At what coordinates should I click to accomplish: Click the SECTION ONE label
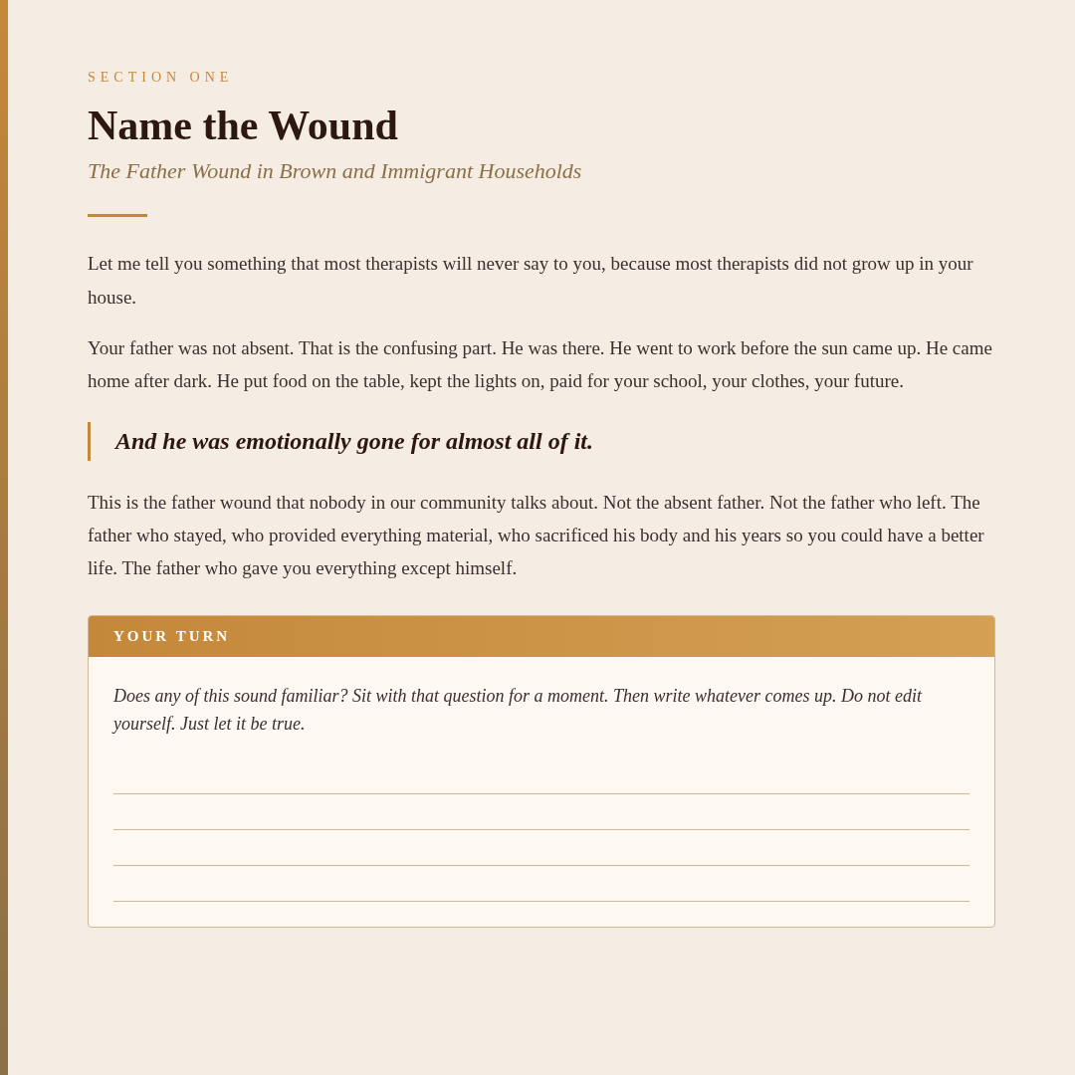click(x=159, y=78)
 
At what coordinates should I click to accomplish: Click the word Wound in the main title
click(x=332, y=126)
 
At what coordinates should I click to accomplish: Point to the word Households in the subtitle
click(x=530, y=171)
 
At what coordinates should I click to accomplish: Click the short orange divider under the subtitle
click(x=117, y=215)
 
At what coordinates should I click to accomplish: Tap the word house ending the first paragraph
click(x=109, y=298)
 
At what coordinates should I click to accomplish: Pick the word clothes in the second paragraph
click(x=773, y=381)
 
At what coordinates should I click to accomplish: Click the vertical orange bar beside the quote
click(x=89, y=441)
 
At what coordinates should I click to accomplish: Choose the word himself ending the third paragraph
click(x=484, y=568)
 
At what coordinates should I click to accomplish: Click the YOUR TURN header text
click(x=171, y=637)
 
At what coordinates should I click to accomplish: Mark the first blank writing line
click(x=540, y=793)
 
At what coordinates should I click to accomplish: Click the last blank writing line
click(x=540, y=901)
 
